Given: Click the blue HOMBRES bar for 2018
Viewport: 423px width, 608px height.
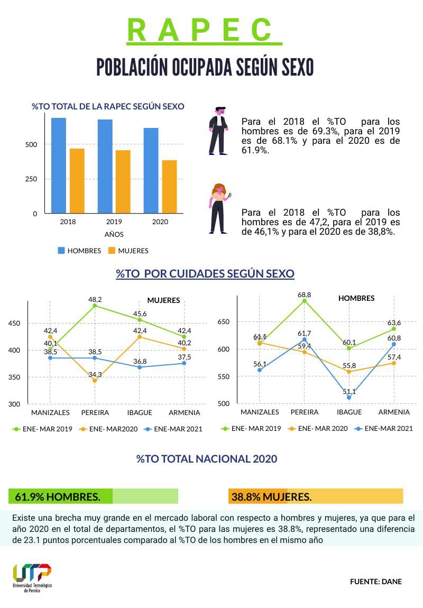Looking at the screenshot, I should [x=59, y=165].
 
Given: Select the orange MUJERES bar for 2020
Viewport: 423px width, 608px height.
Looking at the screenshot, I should [x=169, y=187].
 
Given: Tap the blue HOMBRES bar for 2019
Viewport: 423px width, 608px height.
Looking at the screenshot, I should [x=105, y=167].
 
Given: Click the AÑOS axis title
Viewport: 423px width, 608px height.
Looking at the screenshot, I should [x=114, y=234].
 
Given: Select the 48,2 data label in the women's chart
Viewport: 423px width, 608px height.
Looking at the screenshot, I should [x=95, y=299].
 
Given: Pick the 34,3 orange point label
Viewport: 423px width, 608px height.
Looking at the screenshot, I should [x=95, y=375].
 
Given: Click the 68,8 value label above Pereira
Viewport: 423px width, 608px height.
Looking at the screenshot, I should [x=305, y=294].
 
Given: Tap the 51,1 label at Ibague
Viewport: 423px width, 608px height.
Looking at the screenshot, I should [x=349, y=392].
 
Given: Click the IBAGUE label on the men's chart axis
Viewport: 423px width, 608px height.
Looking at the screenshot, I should [x=350, y=412].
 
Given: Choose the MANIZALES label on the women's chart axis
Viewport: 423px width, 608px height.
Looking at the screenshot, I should [x=51, y=412].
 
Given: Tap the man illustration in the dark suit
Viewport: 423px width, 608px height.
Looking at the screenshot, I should [x=218, y=131].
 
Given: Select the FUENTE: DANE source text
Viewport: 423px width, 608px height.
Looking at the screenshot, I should [x=375, y=582].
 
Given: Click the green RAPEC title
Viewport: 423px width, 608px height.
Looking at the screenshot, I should [x=204, y=30].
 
